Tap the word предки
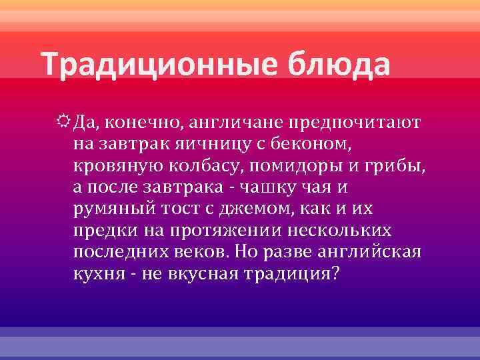[100, 231]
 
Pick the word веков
[199, 253]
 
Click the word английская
[366, 253]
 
